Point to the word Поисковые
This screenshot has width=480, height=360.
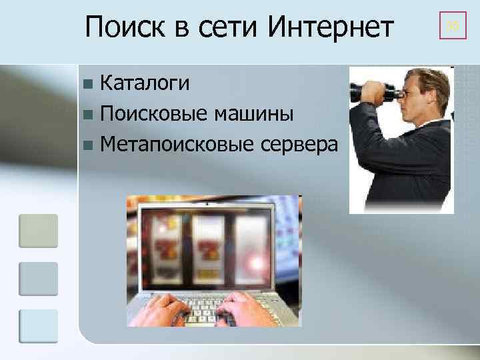click(x=155, y=114)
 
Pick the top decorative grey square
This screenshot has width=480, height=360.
click(x=39, y=231)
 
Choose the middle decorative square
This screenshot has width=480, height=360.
click(x=39, y=279)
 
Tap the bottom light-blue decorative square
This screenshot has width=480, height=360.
click(x=39, y=327)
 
